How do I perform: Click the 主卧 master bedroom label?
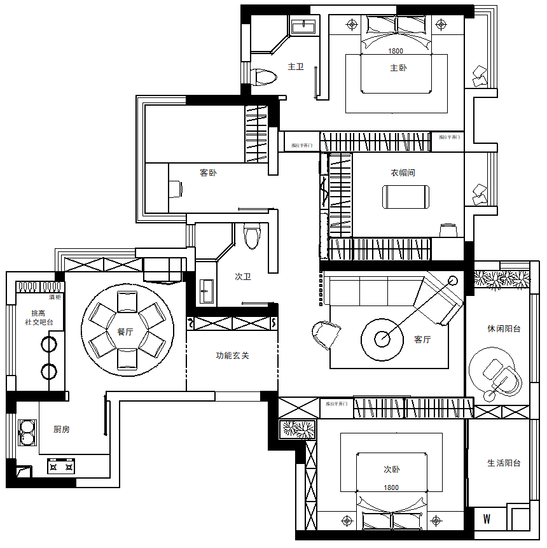[x=398, y=67]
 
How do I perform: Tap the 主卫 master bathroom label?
[x=296, y=66]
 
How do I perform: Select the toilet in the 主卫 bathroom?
[x=264, y=77]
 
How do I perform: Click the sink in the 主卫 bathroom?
[x=303, y=26]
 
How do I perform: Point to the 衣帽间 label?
[x=403, y=172]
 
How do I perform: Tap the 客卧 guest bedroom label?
[x=208, y=172]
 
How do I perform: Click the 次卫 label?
[x=243, y=277]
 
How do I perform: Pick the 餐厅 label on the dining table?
[x=125, y=332]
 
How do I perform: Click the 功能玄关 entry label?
[x=232, y=355]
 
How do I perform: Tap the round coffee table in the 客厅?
[x=382, y=339]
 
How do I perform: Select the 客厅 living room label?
[x=422, y=339]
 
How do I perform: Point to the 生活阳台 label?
[x=504, y=463]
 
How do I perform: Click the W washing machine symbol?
[x=487, y=519]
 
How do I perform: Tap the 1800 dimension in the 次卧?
[x=391, y=488]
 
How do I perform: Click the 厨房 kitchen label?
[x=62, y=430]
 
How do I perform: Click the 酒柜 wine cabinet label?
[x=55, y=297]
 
